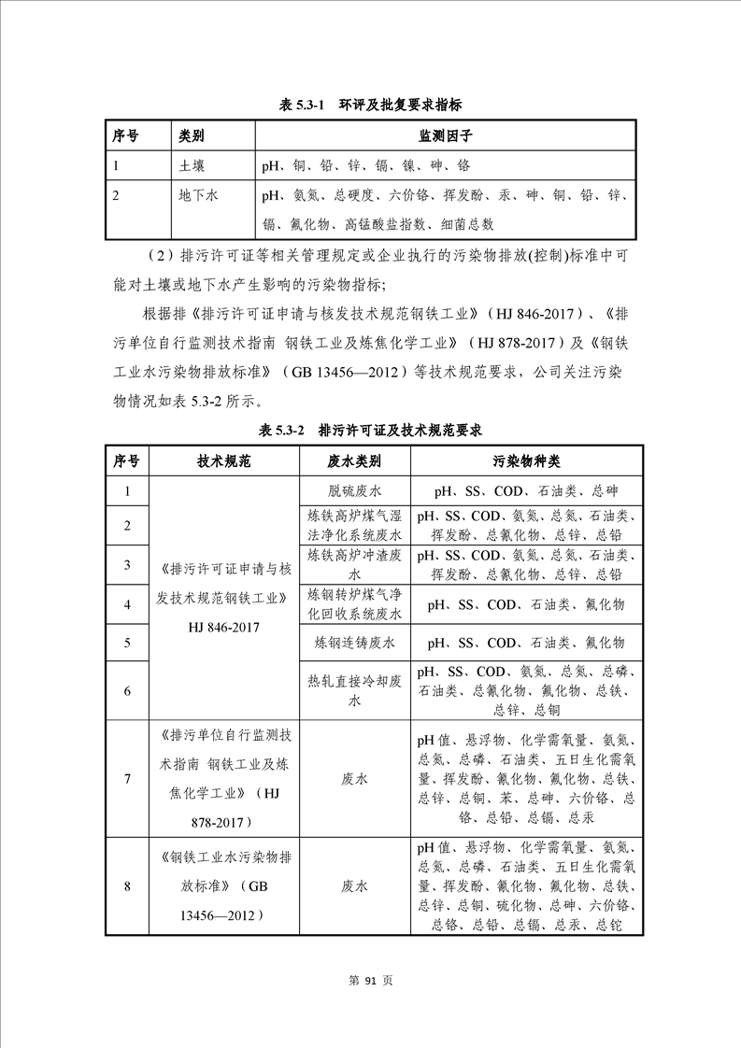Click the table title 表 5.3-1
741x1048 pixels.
(x=371, y=106)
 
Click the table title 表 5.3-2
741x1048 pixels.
(x=371, y=431)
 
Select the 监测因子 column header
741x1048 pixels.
(x=446, y=136)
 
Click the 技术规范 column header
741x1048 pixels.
(x=224, y=461)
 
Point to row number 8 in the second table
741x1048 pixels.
(x=127, y=886)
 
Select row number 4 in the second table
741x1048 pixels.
(x=127, y=604)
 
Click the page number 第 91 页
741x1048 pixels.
(x=370, y=981)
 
